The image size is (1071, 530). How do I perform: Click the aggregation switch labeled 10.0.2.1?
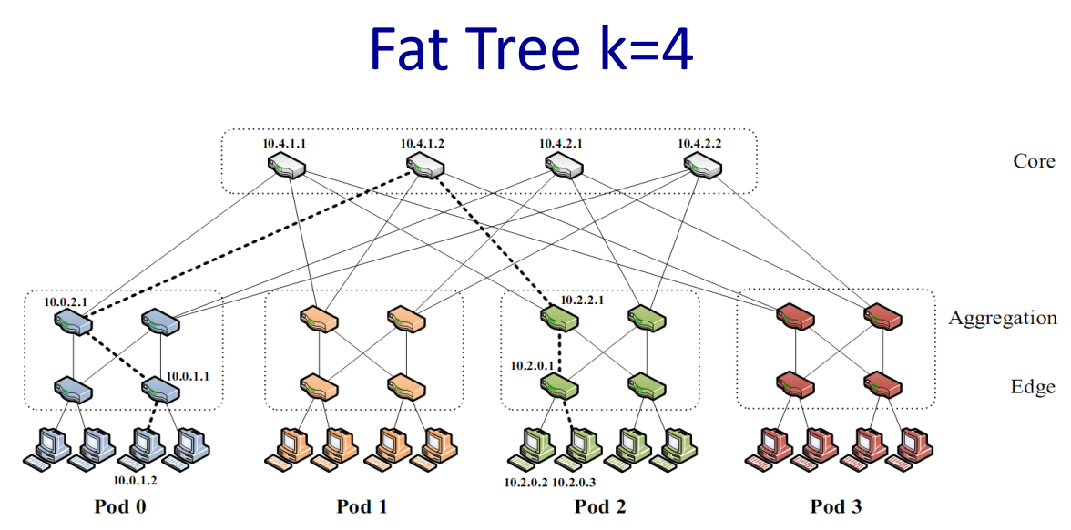(73, 320)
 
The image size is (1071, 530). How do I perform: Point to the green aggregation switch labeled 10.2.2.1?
(557, 320)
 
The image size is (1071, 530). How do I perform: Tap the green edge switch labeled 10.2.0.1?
(557, 389)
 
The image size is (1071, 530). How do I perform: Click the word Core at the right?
(1034, 161)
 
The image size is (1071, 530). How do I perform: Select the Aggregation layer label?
(1003, 319)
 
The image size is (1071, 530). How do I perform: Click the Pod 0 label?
(119, 506)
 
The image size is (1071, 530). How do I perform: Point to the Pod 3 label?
(835, 506)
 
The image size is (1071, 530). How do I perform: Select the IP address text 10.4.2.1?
(561, 144)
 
